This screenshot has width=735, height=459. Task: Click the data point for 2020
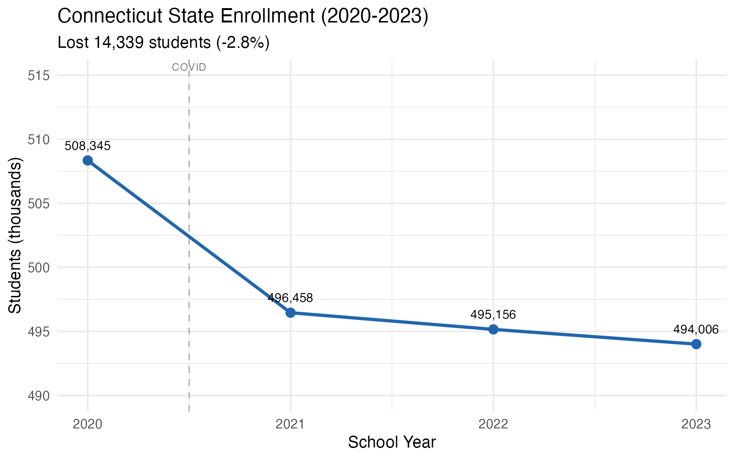click(x=88, y=160)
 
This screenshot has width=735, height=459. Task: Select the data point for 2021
click(x=290, y=313)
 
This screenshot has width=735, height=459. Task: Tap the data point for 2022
click(x=493, y=329)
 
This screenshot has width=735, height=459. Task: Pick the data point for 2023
click(x=696, y=344)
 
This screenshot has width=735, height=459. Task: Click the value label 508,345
click(x=88, y=146)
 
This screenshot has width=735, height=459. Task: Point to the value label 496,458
click(x=290, y=298)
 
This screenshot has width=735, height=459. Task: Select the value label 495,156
click(x=493, y=315)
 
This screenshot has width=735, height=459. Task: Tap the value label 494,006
click(x=696, y=329)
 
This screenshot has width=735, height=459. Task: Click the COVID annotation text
click(x=189, y=67)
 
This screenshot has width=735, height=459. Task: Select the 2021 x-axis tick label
click(x=290, y=424)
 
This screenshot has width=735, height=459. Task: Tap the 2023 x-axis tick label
click(x=696, y=424)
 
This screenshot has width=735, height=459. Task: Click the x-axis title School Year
click(x=392, y=442)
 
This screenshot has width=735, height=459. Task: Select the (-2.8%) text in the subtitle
click(x=243, y=43)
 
